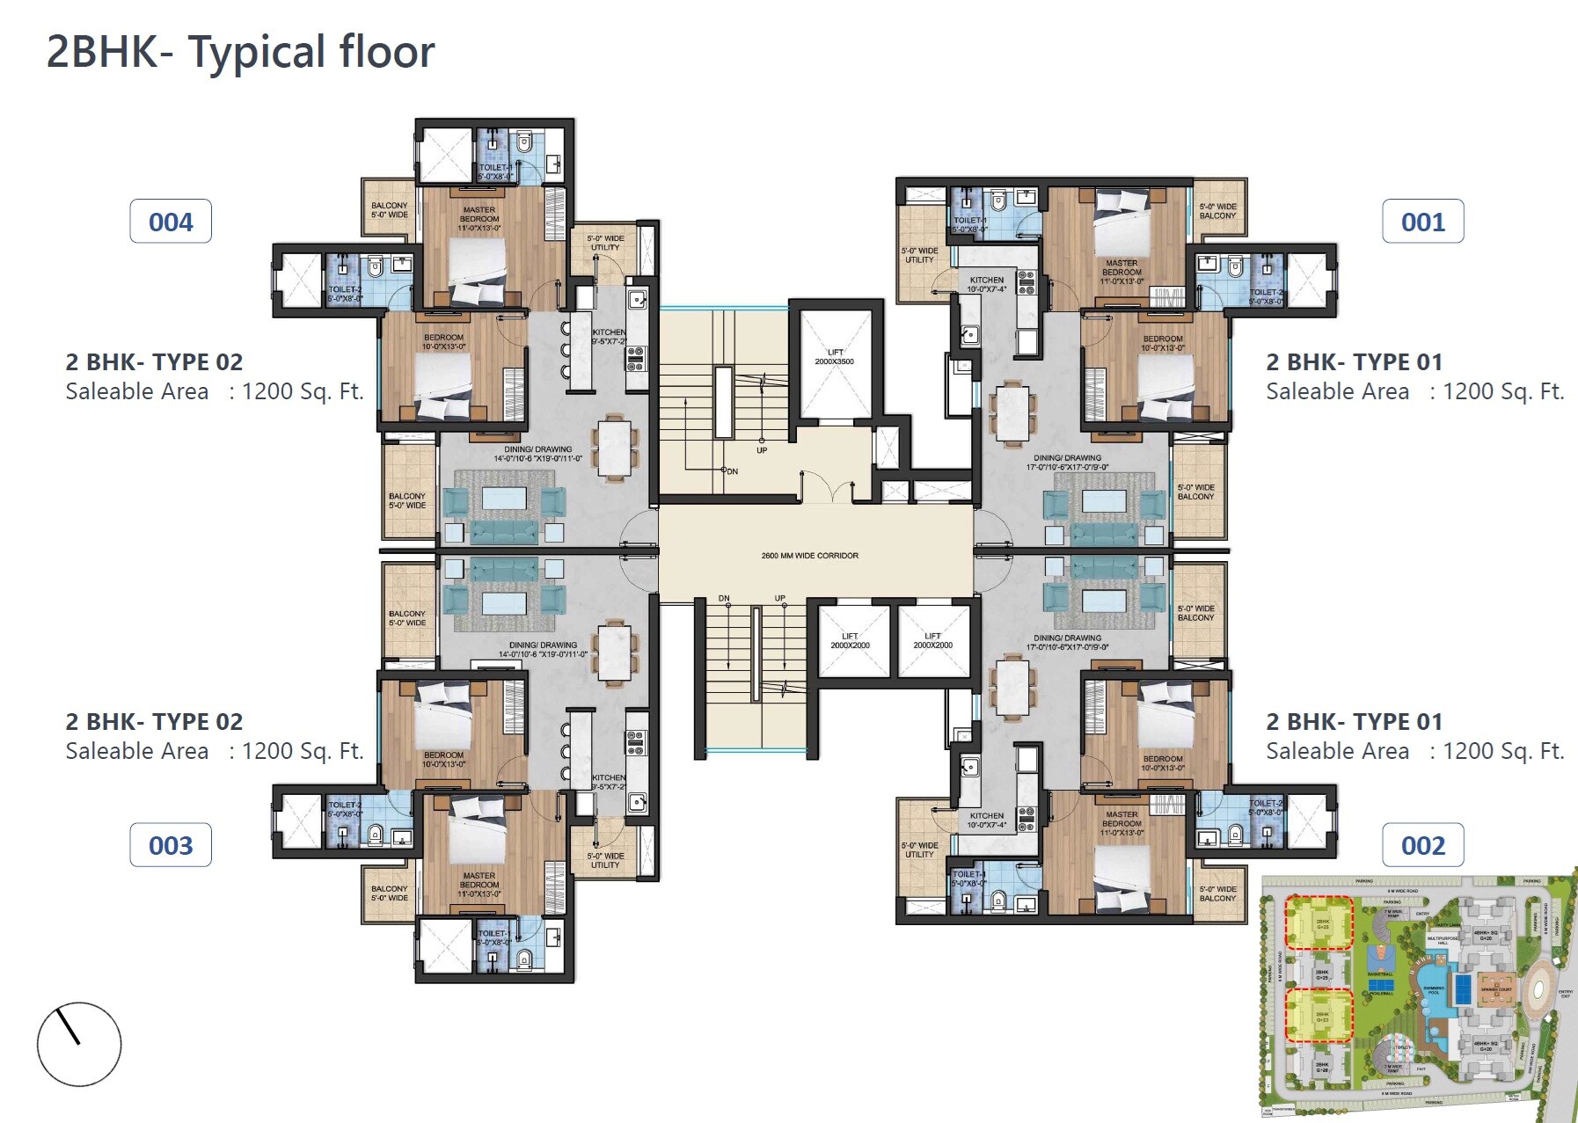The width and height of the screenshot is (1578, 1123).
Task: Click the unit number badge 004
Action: (x=171, y=222)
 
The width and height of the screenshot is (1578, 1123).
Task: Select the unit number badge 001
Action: (x=1422, y=222)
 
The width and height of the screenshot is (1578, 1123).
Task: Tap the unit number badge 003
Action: (x=171, y=845)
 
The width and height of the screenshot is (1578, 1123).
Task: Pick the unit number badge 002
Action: (x=1422, y=845)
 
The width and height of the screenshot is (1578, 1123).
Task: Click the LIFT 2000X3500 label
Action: (x=834, y=357)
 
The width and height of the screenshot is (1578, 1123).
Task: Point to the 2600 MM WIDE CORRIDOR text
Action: (x=809, y=556)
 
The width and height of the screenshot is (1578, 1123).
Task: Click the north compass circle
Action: (x=79, y=1044)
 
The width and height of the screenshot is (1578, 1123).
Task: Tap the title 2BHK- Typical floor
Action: (x=240, y=52)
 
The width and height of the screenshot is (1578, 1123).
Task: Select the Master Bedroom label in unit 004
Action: (x=479, y=219)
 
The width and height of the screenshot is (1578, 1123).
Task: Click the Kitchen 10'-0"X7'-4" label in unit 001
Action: (x=986, y=284)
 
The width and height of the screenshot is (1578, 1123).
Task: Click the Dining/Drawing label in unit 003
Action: (x=543, y=649)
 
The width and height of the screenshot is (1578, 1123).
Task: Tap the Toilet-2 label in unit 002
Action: (x=1265, y=807)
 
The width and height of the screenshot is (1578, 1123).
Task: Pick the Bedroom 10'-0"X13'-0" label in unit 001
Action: (x=1162, y=343)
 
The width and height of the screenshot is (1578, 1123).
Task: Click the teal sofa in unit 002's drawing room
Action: (x=1103, y=567)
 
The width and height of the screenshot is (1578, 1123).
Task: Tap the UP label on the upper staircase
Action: (x=762, y=450)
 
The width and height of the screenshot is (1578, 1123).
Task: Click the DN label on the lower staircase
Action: (x=724, y=598)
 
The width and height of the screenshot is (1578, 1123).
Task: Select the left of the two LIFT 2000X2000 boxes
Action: (x=850, y=640)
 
